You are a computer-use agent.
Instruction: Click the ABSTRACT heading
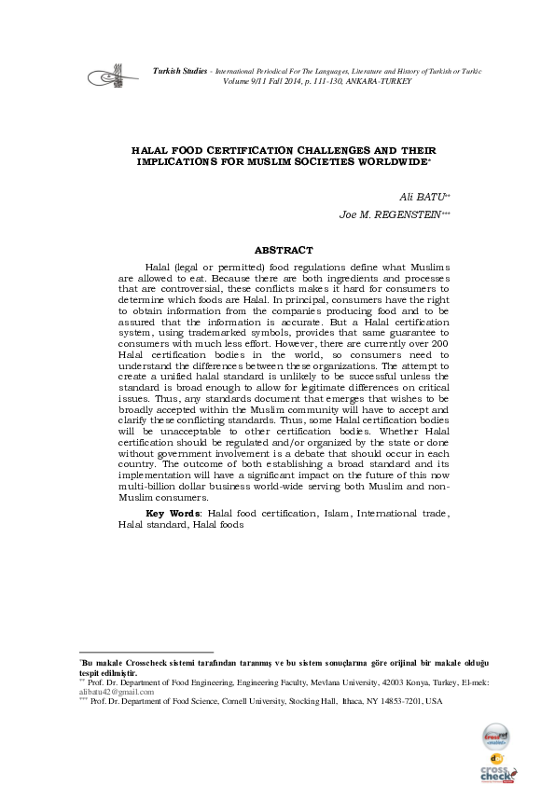pyautogui.click(x=284, y=250)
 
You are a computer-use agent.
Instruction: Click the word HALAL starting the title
pyautogui.click(x=148, y=149)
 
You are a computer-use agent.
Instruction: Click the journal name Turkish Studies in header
pyautogui.click(x=182, y=72)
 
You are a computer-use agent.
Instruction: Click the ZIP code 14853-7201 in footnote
pyautogui.click(x=393, y=701)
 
